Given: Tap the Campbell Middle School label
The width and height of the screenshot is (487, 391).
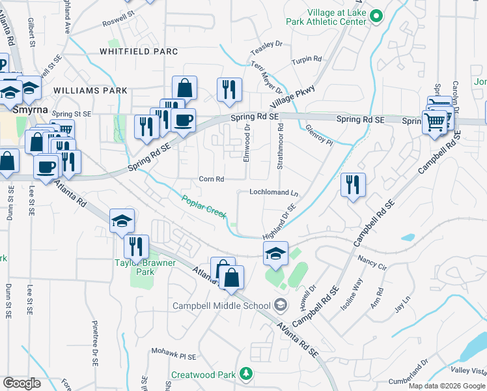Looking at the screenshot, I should click(221, 305).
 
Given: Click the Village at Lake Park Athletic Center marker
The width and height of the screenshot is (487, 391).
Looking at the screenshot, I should click(376, 16).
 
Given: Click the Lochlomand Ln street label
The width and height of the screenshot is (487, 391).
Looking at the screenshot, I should click(273, 193).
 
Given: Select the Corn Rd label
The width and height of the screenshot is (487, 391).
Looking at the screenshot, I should click(211, 179).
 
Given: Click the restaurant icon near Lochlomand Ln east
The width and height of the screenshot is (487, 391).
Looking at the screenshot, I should click(353, 184).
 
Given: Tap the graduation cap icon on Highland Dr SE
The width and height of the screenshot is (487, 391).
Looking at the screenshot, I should click(275, 254).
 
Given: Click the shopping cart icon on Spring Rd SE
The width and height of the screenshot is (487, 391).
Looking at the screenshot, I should click(434, 121).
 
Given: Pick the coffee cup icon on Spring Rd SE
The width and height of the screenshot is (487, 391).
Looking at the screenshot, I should click(183, 121).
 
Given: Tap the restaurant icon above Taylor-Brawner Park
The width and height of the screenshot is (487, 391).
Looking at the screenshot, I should click(136, 246).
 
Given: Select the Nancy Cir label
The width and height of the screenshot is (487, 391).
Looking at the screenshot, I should click(372, 263).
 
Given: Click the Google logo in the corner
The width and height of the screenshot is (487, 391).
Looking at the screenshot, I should click(21, 383).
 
